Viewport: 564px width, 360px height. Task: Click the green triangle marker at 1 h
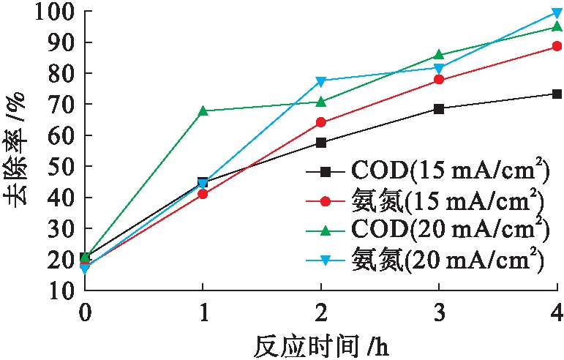(x=203, y=110)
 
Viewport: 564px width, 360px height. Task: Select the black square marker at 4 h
(x=557, y=94)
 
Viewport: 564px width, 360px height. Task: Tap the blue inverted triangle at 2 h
(x=321, y=80)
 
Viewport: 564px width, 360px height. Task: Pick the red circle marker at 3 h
(x=439, y=79)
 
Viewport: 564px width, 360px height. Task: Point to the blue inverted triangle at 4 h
(x=557, y=13)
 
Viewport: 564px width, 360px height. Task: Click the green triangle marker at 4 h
(x=557, y=26)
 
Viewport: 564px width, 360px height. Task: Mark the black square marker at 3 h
(x=439, y=108)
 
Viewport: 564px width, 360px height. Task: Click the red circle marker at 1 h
(x=203, y=194)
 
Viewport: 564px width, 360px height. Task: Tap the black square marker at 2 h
(x=321, y=142)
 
